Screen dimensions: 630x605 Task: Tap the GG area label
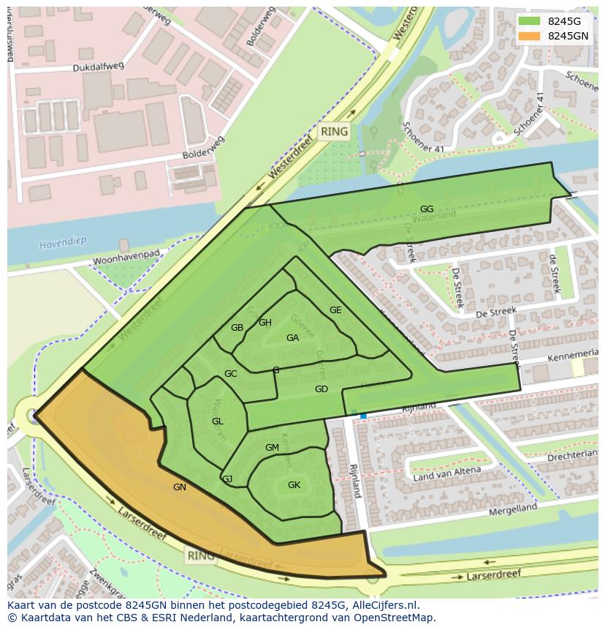click(427, 209)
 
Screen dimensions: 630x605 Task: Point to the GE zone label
click(335, 310)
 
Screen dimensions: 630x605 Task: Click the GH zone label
click(265, 323)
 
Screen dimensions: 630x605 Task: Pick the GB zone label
click(237, 328)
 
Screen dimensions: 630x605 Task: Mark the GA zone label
click(293, 338)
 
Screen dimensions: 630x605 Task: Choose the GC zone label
click(231, 374)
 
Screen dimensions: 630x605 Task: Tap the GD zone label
click(321, 389)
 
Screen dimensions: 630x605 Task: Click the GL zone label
click(218, 421)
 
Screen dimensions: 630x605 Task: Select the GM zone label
click(272, 448)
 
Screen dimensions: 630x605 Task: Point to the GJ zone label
click(227, 479)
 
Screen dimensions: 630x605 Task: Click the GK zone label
click(294, 485)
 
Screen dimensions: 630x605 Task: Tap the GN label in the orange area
click(180, 487)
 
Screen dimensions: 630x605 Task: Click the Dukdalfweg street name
click(99, 67)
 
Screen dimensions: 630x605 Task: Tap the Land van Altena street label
click(447, 474)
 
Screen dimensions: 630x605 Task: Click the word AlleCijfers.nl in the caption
click(385, 605)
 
